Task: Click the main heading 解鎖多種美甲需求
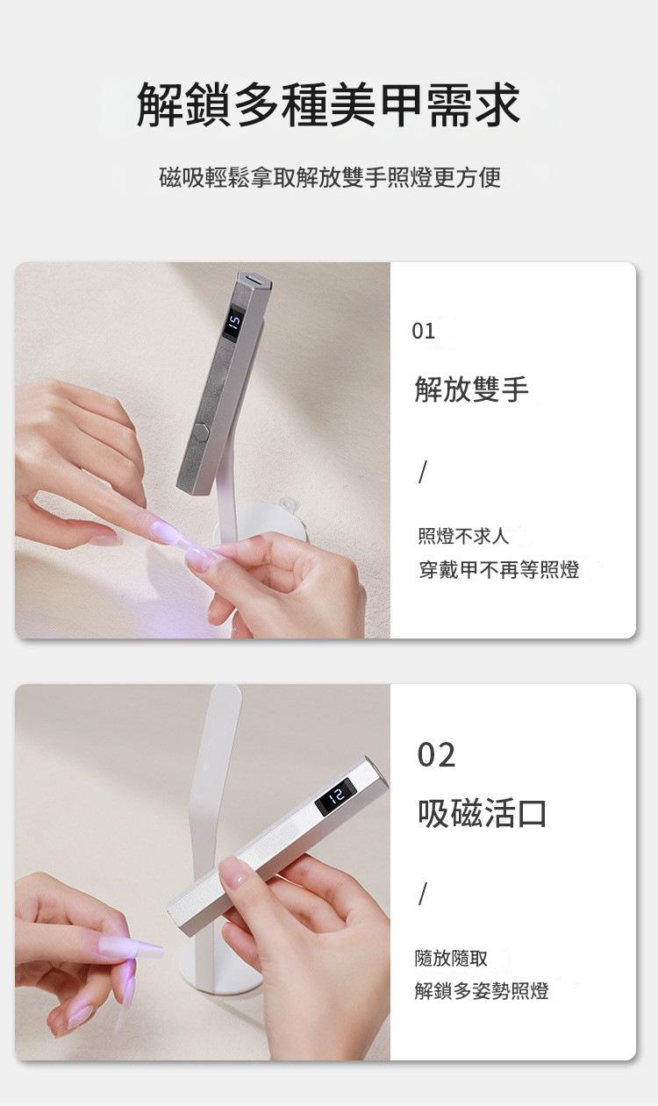[328, 104]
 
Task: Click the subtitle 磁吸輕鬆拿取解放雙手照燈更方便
[330, 177]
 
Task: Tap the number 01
[424, 331]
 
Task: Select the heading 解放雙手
[471, 389]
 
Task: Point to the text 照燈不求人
[463, 536]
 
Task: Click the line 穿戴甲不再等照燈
[499, 570]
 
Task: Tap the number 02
[436, 755]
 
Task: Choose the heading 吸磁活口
[483, 813]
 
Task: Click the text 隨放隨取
[451, 959]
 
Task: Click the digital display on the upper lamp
[234, 324]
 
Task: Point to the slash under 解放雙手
[421, 473]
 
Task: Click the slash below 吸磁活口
[421, 895]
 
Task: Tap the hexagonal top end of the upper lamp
[255, 280]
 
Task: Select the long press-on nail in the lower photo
[130, 948]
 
